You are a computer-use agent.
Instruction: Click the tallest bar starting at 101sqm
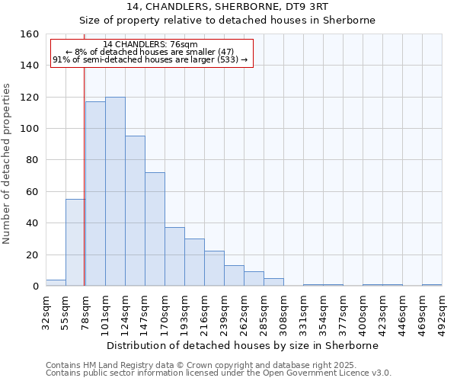[x=115, y=191]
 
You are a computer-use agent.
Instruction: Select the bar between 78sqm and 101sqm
[x=95, y=194]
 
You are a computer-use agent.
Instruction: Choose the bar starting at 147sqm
[x=155, y=229]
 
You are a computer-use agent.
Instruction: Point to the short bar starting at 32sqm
[x=56, y=283]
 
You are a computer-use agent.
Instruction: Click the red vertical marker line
[x=84, y=175]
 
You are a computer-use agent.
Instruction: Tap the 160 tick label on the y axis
[x=30, y=34]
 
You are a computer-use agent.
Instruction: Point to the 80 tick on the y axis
[x=32, y=160]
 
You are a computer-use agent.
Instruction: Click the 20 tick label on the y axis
[x=32, y=255]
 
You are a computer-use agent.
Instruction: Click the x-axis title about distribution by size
[x=242, y=345]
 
